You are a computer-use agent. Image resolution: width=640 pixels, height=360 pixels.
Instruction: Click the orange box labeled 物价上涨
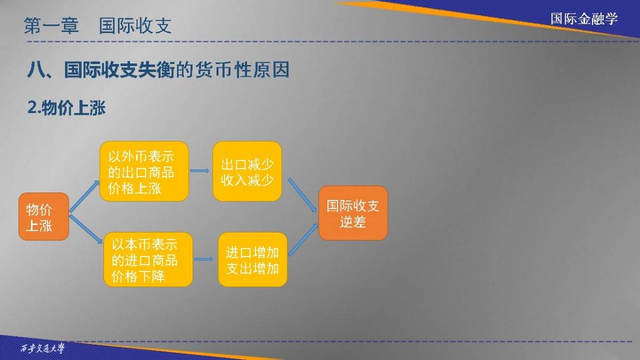(x=44, y=217)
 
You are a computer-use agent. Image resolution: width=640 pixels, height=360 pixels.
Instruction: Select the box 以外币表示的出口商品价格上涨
(x=145, y=171)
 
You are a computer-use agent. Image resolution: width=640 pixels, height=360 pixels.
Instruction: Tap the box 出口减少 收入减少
(x=247, y=171)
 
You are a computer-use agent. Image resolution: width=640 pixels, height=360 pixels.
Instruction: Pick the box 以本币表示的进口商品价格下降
(x=148, y=259)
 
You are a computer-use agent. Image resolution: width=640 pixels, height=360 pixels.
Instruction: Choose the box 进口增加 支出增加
(x=253, y=259)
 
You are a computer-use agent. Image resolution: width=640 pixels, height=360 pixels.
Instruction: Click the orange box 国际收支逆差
(x=353, y=213)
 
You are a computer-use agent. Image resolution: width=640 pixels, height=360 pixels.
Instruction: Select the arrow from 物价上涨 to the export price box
(x=84, y=197)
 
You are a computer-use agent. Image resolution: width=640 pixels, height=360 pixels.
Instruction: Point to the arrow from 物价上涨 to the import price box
(x=86, y=229)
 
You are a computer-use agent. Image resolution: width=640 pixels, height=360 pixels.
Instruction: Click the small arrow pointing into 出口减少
(x=199, y=171)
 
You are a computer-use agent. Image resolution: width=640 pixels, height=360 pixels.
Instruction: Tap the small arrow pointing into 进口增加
(x=203, y=259)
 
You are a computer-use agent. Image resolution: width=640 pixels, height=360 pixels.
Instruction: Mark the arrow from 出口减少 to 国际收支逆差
(x=302, y=195)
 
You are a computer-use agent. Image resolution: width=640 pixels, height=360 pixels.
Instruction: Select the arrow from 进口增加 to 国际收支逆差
(x=303, y=239)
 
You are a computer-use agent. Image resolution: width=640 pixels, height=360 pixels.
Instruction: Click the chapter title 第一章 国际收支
(x=98, y=26)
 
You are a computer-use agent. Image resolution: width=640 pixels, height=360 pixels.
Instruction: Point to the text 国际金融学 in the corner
(x=584, y=19)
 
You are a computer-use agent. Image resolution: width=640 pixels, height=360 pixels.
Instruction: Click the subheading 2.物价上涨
(x=67, y=108)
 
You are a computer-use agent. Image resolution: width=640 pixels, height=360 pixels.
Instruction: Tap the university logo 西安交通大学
(x=43, y=348)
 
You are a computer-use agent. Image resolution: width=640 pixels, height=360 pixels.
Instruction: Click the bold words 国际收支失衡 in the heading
(x=119, y=70)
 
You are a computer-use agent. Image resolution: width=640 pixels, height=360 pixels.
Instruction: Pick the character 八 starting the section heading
(x=37, y=70)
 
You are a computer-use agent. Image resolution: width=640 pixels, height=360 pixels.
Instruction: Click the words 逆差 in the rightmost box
(x=353, y=222)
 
